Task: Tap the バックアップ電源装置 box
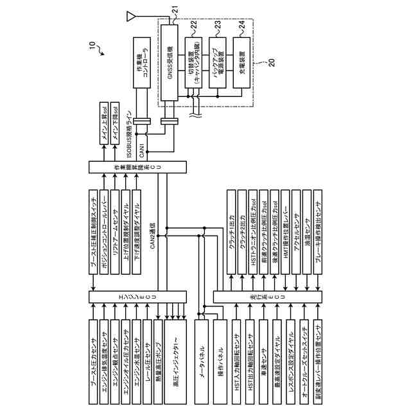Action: [216, 62]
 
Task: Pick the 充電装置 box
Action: [241, 62]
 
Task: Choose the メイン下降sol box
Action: [116, 121]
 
